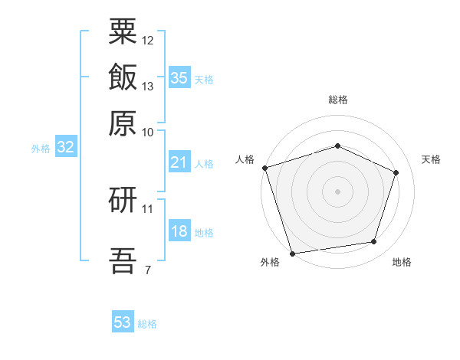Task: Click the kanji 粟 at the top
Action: point(123,31)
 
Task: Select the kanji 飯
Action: point(123,77)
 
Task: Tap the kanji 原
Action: point(123,123)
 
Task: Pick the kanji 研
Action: point(123,200)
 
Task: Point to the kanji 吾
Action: point(123,260)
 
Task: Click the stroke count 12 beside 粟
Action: point(147,41)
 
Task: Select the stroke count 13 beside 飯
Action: point(147,87)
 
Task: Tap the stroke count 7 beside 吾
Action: point(148,270)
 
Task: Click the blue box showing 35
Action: point(179,77)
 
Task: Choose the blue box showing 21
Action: point(179,162)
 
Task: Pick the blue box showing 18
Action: point(179,230)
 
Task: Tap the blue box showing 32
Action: point(66,146)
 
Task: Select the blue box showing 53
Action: point(123,321)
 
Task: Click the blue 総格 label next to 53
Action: point(147,324)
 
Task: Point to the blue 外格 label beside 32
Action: point(41,149)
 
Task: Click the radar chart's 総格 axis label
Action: point(338,100)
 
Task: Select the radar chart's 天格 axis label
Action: point(431,159)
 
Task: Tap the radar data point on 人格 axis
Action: point(265,168)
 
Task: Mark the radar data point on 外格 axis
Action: point(292,254)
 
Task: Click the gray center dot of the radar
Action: point(337,191)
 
